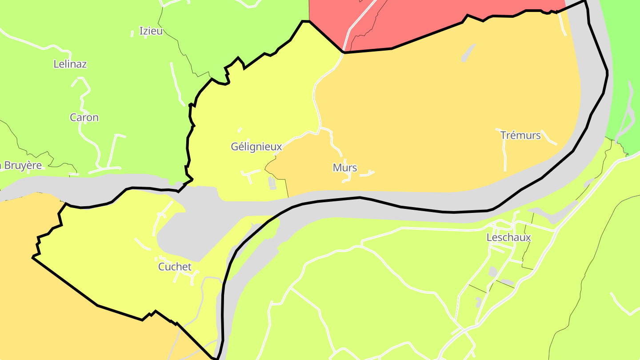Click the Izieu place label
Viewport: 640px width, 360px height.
point(151,31)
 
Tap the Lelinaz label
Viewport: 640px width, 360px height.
point(70,64)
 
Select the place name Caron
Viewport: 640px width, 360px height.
point(84,118)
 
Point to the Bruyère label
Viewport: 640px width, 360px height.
point(22,166)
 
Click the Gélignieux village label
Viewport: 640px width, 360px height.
point(256,147)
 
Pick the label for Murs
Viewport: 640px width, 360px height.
point(345,168)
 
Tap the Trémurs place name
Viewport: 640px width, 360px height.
point(520,135)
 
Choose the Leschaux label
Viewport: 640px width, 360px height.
point(508,237)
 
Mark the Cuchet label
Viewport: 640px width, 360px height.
point(175,267)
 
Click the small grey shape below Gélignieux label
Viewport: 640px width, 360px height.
point(272,182)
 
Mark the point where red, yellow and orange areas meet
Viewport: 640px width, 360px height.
point(344,52)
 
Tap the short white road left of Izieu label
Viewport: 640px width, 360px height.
point(132,33)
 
